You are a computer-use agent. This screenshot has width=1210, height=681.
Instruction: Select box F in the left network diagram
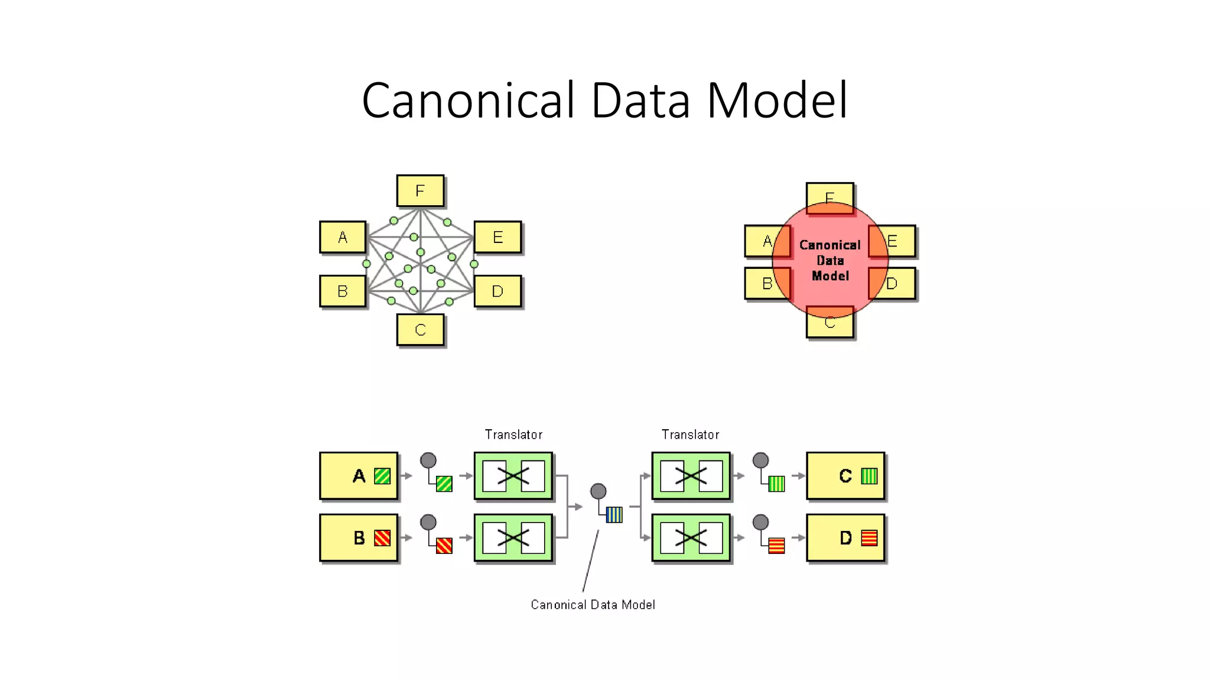(420, 191)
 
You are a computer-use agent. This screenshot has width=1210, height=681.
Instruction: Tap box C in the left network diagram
(420, 329)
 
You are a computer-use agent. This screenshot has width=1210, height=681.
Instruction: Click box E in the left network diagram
(497, 237)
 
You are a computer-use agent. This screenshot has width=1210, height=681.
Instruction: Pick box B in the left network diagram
(343, 291)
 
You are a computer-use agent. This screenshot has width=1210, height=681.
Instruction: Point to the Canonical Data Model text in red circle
(830, 260)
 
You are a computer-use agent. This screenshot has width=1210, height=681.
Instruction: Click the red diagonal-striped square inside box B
(382, 538)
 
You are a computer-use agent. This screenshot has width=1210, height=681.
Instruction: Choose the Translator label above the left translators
(513, 435)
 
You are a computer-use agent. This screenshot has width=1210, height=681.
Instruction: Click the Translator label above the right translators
(690, 435)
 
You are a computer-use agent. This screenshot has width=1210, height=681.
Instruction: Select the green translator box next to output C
(691, 476)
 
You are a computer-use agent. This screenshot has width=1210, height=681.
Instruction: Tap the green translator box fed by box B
(513, 538)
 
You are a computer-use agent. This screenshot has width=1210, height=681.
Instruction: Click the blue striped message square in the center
(614, 515)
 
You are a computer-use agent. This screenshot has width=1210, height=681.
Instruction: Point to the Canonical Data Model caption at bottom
(593, 605)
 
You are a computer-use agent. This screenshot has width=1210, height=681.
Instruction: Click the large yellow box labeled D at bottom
(845, 538)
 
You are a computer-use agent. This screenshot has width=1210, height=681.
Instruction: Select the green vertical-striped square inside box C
(869, 476)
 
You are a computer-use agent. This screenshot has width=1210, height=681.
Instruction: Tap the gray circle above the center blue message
(598, 491)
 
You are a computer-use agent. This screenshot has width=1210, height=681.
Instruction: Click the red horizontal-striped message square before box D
(776, 546)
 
